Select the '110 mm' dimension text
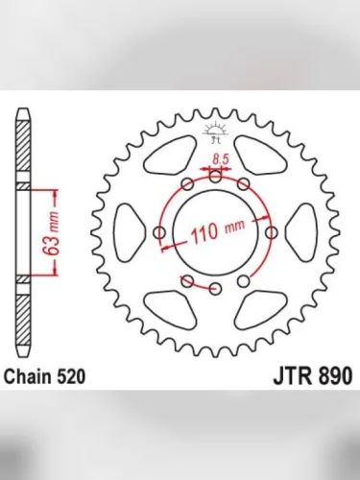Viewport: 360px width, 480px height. point(216,230)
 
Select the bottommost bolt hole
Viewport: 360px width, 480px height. point(215,289)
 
